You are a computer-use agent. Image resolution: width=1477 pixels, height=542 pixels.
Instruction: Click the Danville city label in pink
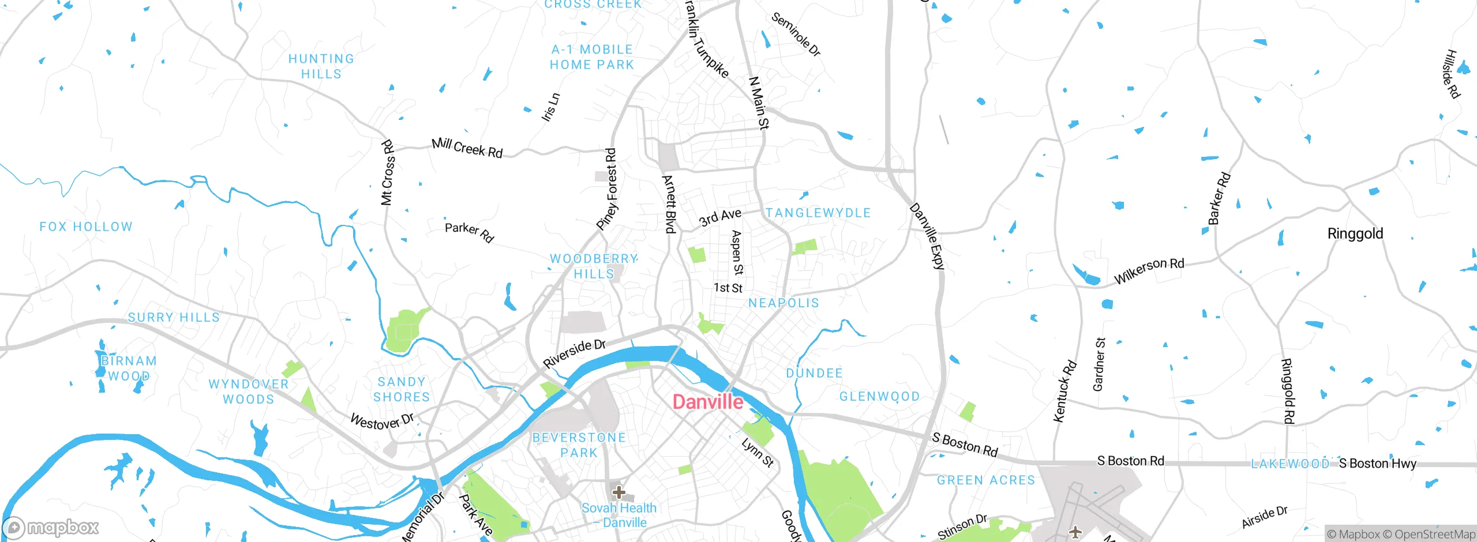click(x=708, y=402)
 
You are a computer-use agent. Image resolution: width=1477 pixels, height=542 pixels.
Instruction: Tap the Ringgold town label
click(x=1355, y=234)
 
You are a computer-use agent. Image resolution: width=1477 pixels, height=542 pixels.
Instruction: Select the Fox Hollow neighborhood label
click(x=86, y=227)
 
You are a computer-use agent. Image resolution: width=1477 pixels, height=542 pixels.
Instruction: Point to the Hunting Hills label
click(x=321, y=66)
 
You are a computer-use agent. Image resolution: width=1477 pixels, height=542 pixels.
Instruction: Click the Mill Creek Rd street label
click(x=467, y=148)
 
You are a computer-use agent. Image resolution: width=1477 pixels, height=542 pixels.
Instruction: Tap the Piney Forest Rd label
click(x=607, y=190)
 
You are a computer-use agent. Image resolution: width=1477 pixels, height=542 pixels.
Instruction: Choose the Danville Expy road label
click(x=927, y=236)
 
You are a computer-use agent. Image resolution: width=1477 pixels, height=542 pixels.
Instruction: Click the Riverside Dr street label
click(x=574, y=353)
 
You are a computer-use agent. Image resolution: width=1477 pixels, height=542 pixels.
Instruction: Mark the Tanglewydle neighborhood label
click(x=818, y=213)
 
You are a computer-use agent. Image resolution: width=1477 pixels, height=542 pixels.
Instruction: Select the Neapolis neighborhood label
click(x=784, y=303)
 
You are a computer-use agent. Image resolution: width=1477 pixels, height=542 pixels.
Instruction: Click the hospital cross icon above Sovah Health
click(x=618, y=492)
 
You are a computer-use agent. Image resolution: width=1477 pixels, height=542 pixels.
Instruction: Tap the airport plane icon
click(x=1075, y=531)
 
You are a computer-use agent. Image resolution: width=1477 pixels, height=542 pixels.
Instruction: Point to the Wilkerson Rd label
click(x=1149, y=270)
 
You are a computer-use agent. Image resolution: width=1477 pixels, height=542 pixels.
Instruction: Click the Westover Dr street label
click(x=382, y=421)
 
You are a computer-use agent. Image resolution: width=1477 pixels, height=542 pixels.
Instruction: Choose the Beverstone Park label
click(x=579, y=445)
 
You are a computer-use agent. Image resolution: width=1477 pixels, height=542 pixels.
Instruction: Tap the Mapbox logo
click(x=51, y=527)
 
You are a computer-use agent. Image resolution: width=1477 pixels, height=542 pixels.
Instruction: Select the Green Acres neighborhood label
click(x=986, y=480)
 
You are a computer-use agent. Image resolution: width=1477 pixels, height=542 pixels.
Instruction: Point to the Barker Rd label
click(x=1219, y=199)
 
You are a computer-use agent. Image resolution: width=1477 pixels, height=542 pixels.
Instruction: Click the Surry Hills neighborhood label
click(x=174, y=317)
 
